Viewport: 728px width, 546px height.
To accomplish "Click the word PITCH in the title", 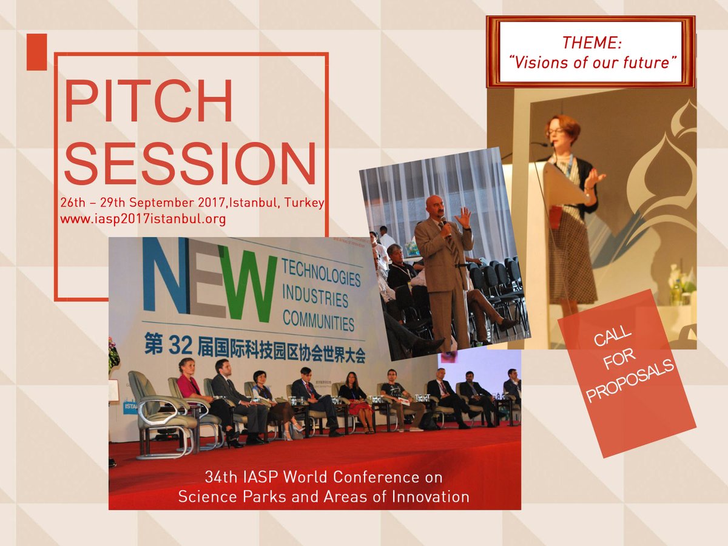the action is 149,101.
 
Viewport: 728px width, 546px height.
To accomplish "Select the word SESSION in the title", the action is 190,163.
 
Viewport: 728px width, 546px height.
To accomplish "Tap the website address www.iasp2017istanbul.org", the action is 143,220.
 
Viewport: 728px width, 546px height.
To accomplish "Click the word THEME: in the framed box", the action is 591,42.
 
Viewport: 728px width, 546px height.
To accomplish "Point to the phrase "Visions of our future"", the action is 593,62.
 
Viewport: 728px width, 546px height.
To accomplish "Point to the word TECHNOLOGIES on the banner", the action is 321,273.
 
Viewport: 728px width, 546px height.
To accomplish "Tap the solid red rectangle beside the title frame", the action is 36,52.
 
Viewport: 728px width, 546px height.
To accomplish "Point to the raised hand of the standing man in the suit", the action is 463,217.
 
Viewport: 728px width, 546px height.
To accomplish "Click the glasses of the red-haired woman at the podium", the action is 556,131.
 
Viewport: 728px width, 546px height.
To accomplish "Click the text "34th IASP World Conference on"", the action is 323,477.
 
